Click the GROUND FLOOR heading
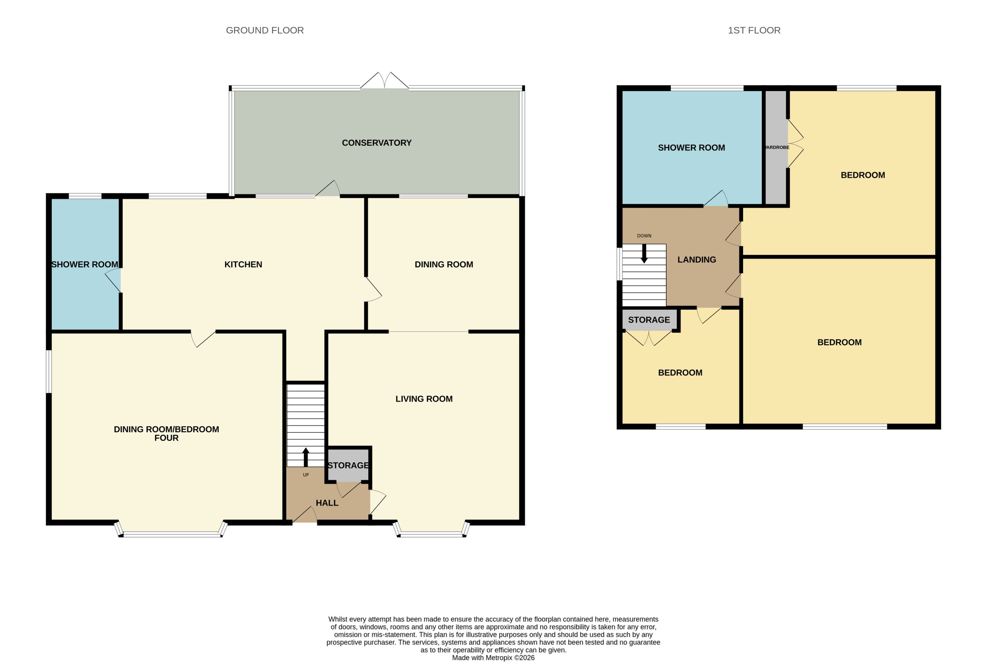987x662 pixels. click(x=265, y=30)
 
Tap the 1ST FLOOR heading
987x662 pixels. click(x=754, y=30)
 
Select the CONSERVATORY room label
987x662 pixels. click(x=377, y=143)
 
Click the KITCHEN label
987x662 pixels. click(x=243, y=264)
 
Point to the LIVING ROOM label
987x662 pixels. click(x=424, y=399)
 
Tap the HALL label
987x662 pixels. click(x=327, y=503)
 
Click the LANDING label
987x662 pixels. click(x=697, y=260)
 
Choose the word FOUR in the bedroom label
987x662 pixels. click(x=166, y=438)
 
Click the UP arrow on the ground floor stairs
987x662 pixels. click(x=306, y=457)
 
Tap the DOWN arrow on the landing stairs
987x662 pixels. click(x=644, y=254)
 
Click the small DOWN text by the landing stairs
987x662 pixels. click(x=644, y=236)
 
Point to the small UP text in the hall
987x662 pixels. click(x=306, y=475)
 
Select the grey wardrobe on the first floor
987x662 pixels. click(x=776, y=147)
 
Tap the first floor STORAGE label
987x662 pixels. click(x=649, y=320)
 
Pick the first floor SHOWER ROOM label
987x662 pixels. click(x=692, y=148)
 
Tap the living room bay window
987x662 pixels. click(x=431, y=530)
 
